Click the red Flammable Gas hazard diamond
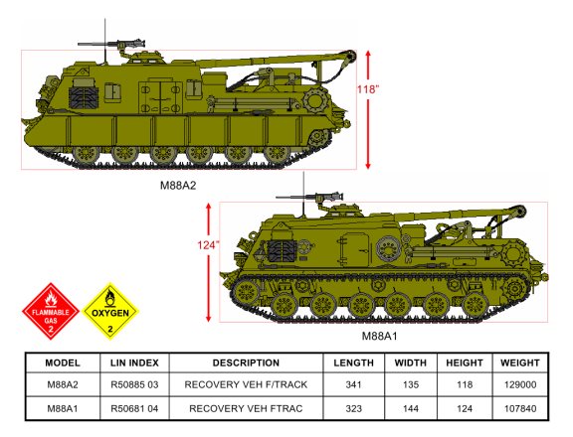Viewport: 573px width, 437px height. pyautogui.click(x=51, y=311)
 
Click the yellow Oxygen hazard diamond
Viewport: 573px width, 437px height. pyautogui.click(x=110, y=311)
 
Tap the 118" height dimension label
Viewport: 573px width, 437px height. pyautogui.click(x=368, y=89)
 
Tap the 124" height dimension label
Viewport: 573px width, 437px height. pyautogui.click(x=209, y=245)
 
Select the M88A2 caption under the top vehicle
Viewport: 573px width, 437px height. pyautogui.click(x=178, y=186)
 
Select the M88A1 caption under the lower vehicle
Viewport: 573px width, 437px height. pyautogui.click(x=379, y=336)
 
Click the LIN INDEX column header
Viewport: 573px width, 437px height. pyautogui.click(x=134, y=363)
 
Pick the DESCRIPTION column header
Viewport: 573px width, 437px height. pyautogui.click(x=246, y=363)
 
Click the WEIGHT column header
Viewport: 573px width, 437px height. pyautogui.click(x=520, y=363)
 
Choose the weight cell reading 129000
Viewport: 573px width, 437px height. pyautogui.click(x=520, y=384)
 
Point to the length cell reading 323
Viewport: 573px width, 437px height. pyautogui.click(x=353, y=408)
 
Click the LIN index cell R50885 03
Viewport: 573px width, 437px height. pyautogui.click(x=134, y=384)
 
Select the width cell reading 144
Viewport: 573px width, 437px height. pyautogui.click(x=411, y=408)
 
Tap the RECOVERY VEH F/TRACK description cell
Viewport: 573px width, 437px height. pyautogui.click(x=246, y=384)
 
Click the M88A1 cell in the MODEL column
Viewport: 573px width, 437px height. pyautogui.click(x=63, y=408)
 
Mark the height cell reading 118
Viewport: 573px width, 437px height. pyautogui.click(x=465, y=384)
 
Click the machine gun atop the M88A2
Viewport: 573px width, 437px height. pyautogui.click(x=111, y=44)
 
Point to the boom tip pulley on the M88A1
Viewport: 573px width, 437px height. pyautogui.click(x=519, y=211)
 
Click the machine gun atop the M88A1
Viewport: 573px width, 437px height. pyautogui.click(x=310, y=197)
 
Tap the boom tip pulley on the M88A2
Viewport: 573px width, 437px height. pyautogui.click(x=350, y=56)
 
